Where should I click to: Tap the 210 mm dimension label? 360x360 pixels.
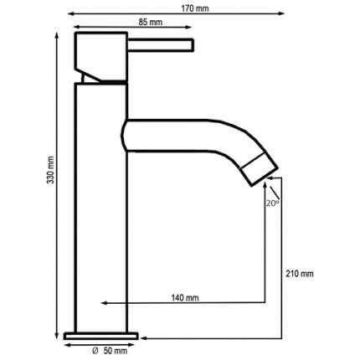coord(299,274)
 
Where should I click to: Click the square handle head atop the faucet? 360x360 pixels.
coord(100,54)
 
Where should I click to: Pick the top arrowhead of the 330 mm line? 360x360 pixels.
coord(58,39)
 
